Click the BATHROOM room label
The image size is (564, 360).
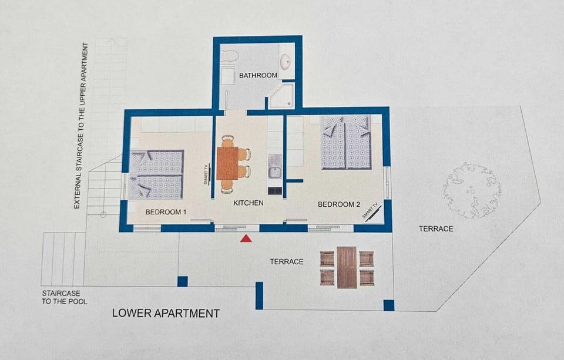tap(258, 75)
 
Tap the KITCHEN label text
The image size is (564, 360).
tap(249, 203)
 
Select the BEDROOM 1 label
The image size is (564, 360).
tap(166, 211)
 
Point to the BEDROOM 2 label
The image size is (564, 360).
tap(339, 204)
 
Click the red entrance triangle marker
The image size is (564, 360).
tap(246, 238)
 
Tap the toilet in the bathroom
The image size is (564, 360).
tap(230, 56)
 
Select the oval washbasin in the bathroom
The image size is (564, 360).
tap(286, 62)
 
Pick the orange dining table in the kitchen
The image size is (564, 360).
tap(227, 163)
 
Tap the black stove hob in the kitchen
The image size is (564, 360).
tap(274, 190)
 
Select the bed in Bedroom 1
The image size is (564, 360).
tap(156, 174)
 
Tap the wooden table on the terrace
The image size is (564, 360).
tap(347, 267)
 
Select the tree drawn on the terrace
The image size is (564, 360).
tap(472, 190)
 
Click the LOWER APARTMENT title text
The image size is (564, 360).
tap(166, 314)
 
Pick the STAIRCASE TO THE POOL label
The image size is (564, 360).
tap(64, 297)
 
